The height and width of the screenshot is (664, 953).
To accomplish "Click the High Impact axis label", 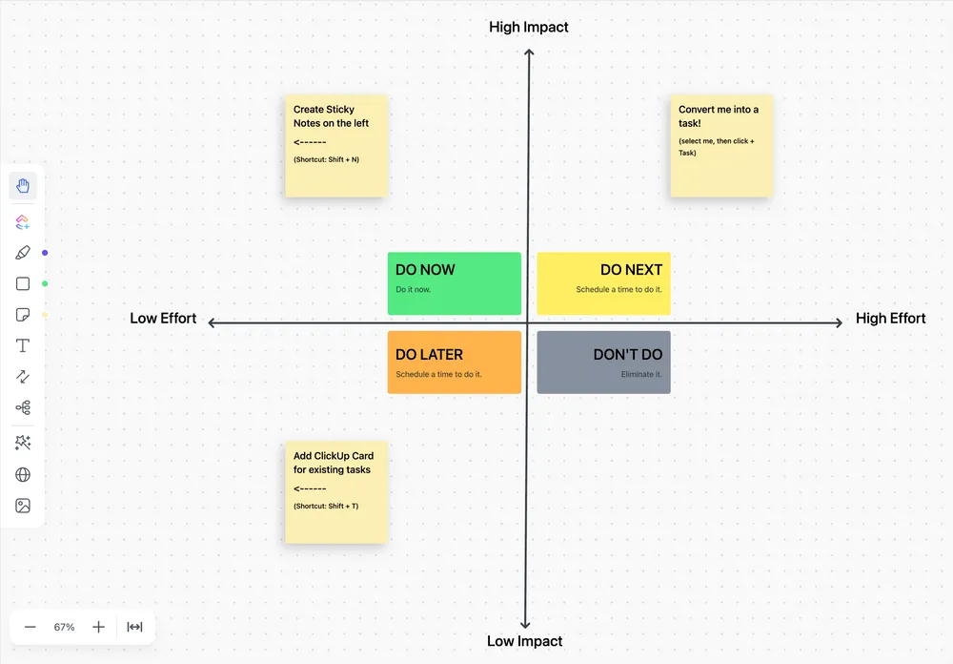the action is click(529, 28).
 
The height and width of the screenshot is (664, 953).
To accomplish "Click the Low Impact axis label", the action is click(524, 641).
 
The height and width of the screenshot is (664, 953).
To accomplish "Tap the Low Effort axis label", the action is click(163, 319).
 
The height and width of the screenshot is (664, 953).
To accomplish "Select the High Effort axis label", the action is click(890, 319).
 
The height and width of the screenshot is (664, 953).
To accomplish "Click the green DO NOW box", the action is click(454, 283).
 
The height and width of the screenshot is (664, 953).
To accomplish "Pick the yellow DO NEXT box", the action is click(603, 283).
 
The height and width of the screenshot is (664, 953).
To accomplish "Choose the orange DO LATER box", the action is click(454, 363).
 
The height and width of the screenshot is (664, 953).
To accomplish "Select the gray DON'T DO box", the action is click(603, 363).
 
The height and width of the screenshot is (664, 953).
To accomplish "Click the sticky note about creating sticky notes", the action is click(336, 146).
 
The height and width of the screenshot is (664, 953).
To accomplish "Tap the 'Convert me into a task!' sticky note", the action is click(721, 146).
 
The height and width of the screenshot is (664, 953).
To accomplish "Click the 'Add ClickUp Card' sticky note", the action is click(336, 492).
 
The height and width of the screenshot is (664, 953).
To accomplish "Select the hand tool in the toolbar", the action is click(23, 186).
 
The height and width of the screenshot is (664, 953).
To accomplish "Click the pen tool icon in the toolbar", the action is click(23, 253).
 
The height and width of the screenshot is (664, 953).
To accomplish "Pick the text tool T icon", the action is click(23, 345).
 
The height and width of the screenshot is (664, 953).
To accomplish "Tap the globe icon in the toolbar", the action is click(23, 475).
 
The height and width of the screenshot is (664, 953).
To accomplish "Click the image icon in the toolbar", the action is click(23, 506).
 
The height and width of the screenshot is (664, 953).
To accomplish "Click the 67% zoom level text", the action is click(64, 627).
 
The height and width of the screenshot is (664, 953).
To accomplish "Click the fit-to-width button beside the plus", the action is click(134, 627).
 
